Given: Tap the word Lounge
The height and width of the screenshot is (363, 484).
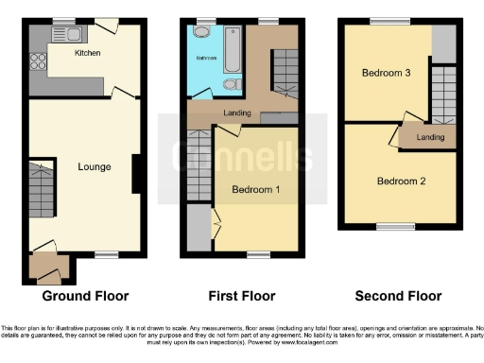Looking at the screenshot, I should (95, 167).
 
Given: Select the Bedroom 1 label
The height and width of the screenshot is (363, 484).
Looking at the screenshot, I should (256, 190).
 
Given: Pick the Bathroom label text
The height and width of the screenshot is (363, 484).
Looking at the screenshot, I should (206, 59).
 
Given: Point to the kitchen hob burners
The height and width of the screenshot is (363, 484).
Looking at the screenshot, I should (39, 62).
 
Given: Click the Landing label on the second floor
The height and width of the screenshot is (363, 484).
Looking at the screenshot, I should (430, 138).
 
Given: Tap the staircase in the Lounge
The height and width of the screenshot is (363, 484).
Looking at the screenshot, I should (40, 188).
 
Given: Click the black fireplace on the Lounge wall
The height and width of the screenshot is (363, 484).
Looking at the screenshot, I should (138, 172).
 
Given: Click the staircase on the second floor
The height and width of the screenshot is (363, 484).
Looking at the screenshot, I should (442, 95).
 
